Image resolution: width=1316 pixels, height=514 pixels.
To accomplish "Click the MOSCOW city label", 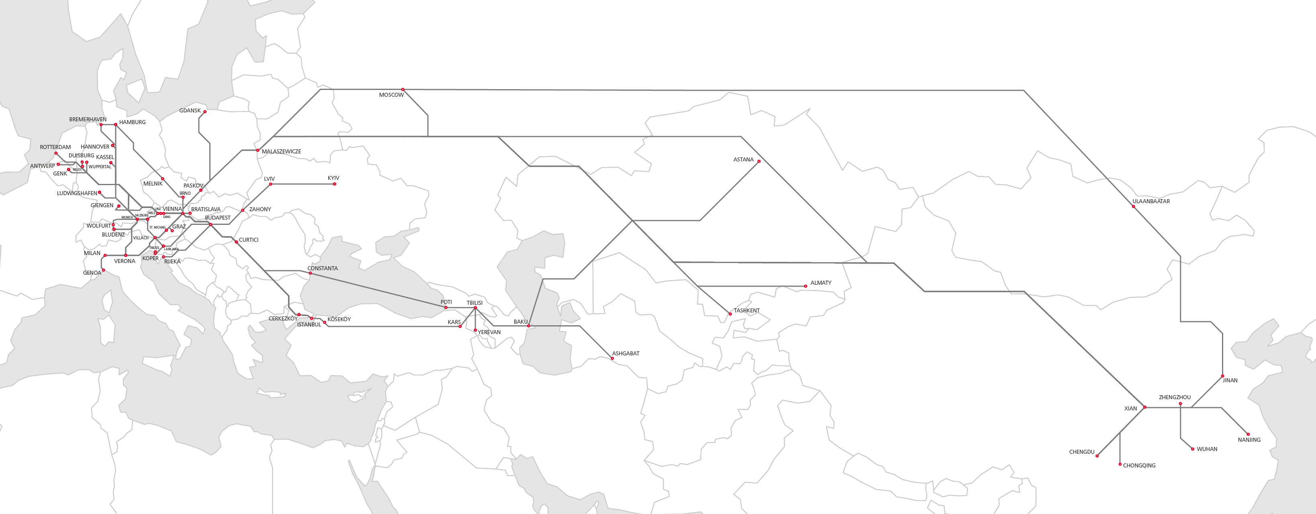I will (x=391, y=95).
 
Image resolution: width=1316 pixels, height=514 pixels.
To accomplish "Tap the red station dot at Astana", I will (x=759, y=161).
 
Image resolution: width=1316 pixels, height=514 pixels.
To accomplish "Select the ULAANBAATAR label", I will (x=1150, y=201).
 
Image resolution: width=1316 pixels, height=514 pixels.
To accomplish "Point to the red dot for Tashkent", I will (x=730, y=314).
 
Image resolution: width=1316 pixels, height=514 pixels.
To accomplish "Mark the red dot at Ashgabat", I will (x=612, y=358).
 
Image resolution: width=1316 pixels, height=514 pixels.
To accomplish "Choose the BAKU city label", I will (x=520, y=322).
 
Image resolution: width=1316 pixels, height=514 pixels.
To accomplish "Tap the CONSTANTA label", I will (x=322, y=268).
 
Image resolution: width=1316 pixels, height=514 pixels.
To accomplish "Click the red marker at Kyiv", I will (x=335, y=184).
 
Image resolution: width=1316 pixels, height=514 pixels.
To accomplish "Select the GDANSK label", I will (x=190, y=111).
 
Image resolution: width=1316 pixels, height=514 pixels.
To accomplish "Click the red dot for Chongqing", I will (x=1120, y=465).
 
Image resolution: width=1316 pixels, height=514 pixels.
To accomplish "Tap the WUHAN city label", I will (x=1207, y=449).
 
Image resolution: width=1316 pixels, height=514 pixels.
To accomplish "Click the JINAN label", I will (x=1230, y=381).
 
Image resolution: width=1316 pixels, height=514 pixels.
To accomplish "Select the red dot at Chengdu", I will (x=1097, y=456).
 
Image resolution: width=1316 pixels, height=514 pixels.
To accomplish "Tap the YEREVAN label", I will (x=489, y=332).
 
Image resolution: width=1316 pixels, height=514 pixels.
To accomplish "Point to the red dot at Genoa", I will (x=103, y=270).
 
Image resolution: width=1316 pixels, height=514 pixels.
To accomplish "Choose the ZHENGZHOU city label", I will (x=1175, y=398).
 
